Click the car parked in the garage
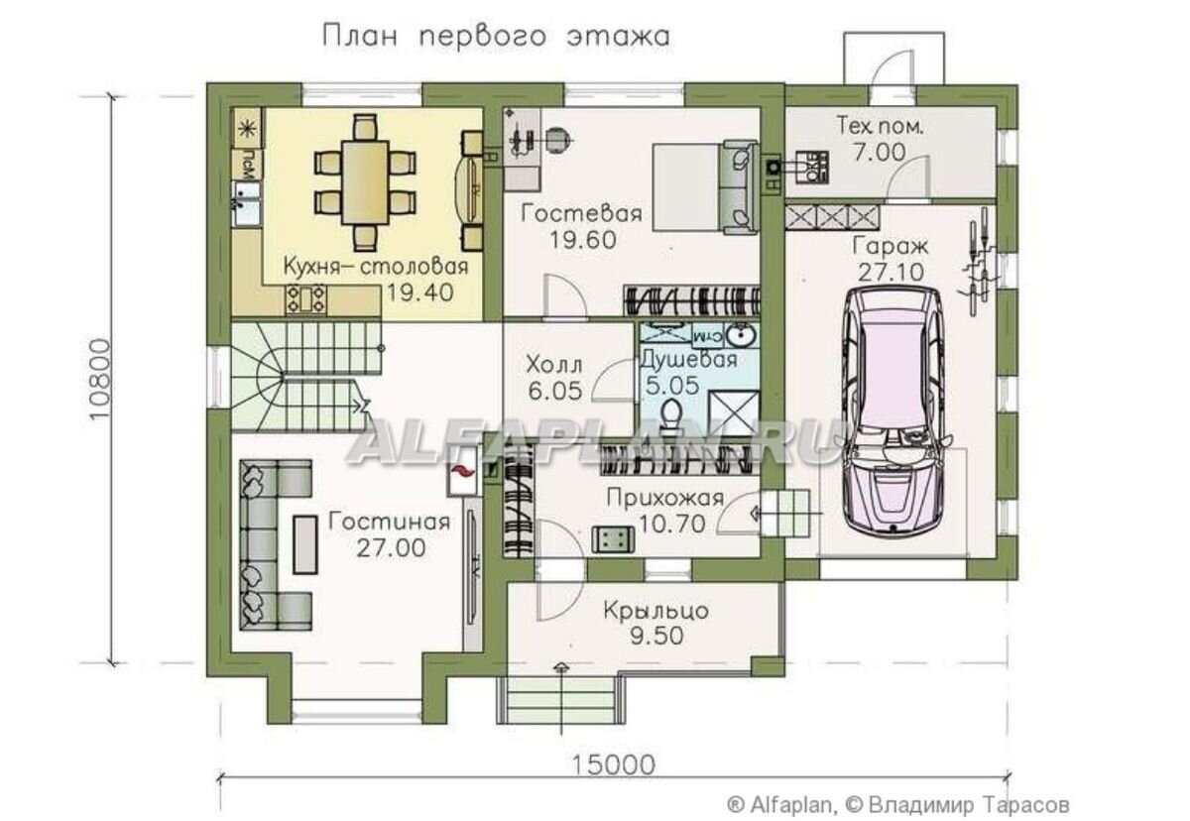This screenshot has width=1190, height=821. coord(893,409)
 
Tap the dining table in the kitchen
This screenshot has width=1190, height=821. coord(366,182)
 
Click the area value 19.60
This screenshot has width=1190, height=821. coord(583,240)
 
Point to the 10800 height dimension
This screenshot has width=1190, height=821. coord(100,380)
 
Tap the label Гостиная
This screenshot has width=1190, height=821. coord(390,522)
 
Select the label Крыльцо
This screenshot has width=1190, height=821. coord(656,611)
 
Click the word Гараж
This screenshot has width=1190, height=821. coord(891,247)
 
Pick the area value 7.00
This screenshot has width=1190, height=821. coord(880,153)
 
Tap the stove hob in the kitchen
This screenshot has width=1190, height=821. coord(306,299)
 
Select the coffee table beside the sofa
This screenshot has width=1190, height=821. coord(305,545)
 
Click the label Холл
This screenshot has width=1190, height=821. coord(554,366)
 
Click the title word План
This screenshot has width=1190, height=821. coord(360,36)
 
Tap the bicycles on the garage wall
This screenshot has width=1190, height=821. coord(978,262)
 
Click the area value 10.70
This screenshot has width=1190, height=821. coord(672,525)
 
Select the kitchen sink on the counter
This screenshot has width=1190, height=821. coord(246,203)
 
